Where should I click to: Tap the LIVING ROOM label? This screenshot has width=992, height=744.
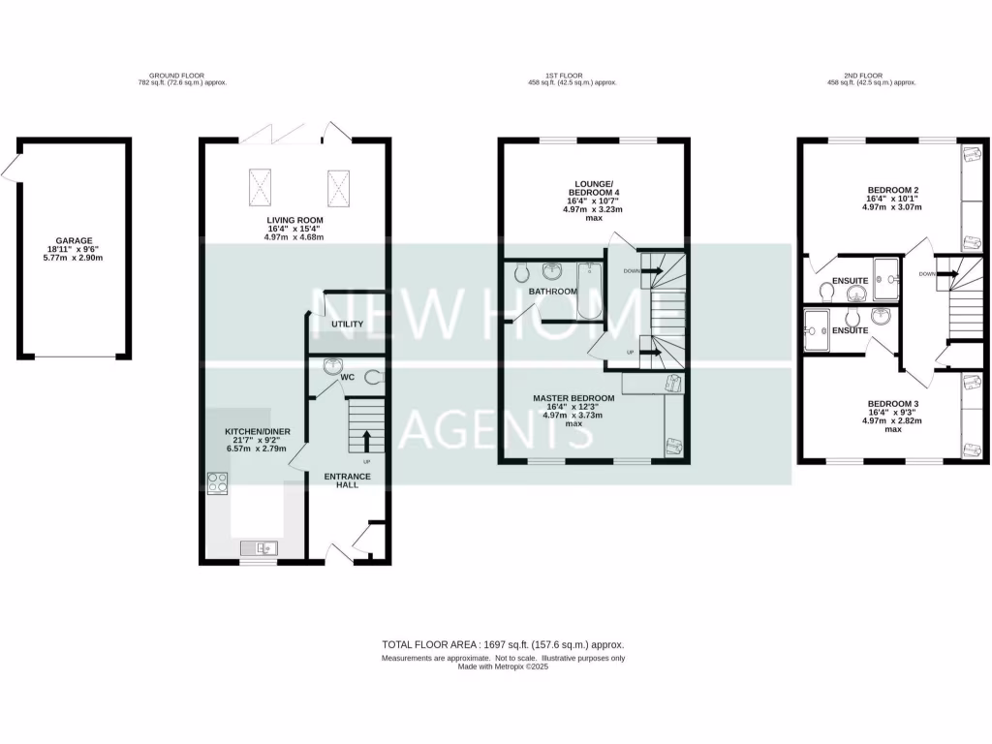(x=294, y=221)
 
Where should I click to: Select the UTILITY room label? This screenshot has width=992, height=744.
(x=346, y=324)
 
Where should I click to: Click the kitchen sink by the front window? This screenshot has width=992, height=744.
(x=260, y=548)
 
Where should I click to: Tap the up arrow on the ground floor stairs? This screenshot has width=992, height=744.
(x=367, y=441)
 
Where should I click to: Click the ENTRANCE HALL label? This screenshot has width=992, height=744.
(x=340, y=480)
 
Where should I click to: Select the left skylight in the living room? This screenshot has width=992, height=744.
(x=260, y=187)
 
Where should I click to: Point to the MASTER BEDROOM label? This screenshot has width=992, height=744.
(x=573, y=398)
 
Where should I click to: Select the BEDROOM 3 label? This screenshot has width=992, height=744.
(x=892, y=404)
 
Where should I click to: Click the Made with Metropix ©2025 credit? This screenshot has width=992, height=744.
(x=504, y=667)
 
